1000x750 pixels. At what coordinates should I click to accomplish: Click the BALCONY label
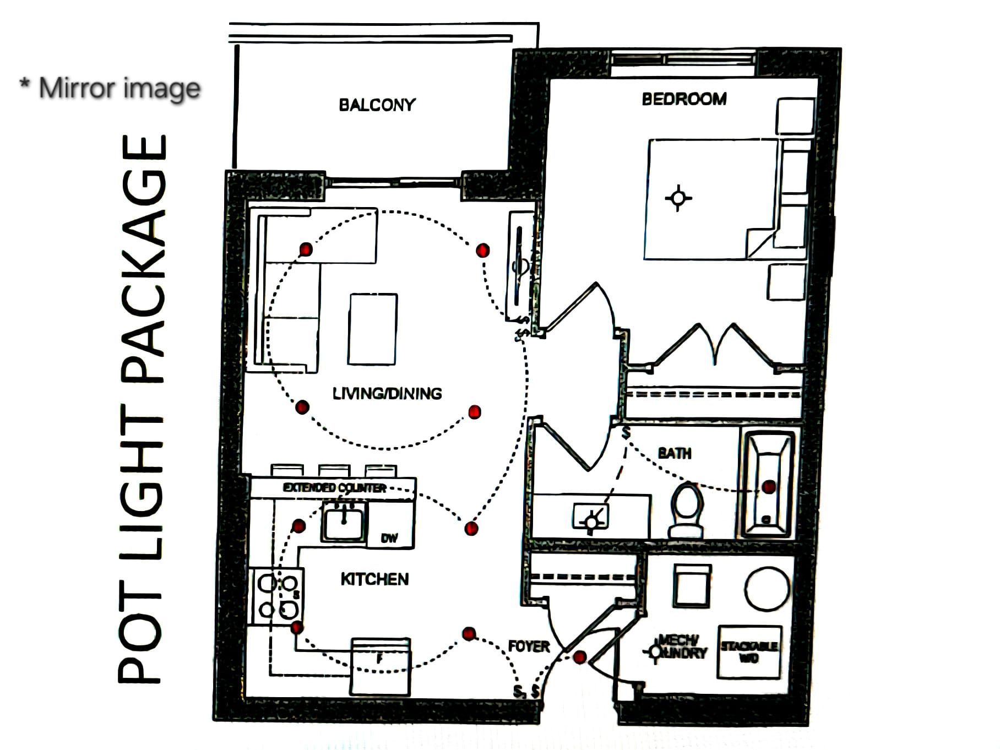click(377, 105)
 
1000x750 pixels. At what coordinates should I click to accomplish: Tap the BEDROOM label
click(684, 99)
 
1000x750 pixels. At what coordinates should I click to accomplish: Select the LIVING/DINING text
click(387, 393)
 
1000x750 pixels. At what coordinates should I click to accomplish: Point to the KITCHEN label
click(374, 579)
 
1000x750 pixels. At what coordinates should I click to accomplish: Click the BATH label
click(675, 453)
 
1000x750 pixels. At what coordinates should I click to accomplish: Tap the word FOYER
click(529, 646)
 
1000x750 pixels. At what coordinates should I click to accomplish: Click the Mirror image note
click(110, 88)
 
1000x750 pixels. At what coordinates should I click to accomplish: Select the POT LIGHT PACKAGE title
click(142, 410)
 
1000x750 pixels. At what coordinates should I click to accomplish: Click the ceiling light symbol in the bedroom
click(678, 197)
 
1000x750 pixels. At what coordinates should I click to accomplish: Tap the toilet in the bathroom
click(687, 509)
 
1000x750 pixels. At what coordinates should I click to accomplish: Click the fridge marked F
click(380, 666)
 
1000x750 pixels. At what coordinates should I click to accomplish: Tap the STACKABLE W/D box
click(749, 651)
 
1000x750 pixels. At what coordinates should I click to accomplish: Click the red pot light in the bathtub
click(769, 487)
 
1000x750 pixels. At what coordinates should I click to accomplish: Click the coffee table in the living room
click(373, 329)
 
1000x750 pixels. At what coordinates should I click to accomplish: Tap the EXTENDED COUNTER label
click(334, 488)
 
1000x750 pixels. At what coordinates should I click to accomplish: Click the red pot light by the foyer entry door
click(579, 657)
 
